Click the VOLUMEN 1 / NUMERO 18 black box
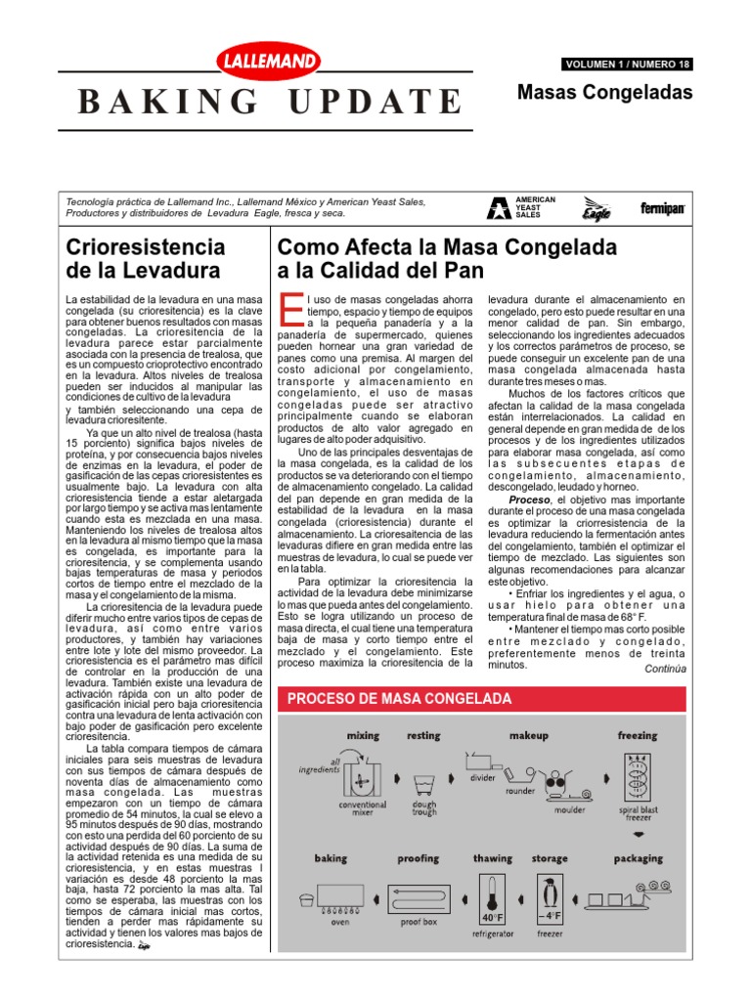point(627,65)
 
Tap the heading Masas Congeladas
point(604,93)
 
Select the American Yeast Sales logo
point(520,206)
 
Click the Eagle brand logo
point(596,207)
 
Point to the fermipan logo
point(662,208)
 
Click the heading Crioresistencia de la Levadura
point(145,258)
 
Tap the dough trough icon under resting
point(424,785)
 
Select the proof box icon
point(419,897)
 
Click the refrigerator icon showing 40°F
point(491,901)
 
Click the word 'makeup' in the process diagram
point(529,735)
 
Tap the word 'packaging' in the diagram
point(638,858)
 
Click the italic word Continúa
point(665,669)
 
